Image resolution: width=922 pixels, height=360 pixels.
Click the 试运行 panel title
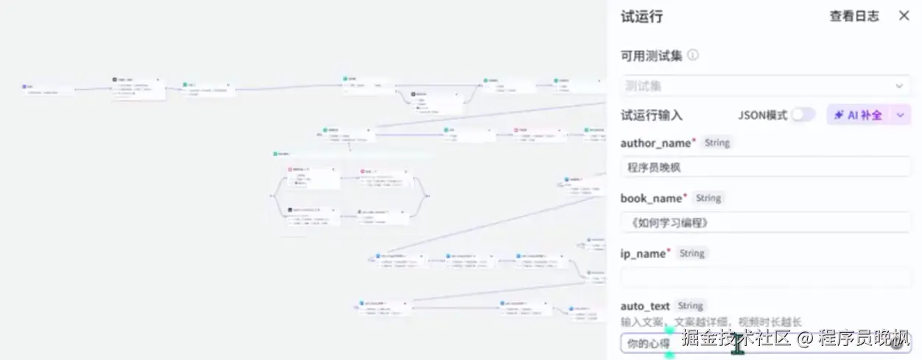click(x=641, y=16)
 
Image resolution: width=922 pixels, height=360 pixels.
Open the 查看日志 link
click(x=854, y=16)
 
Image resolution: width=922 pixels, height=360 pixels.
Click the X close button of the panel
click(x=904, y=15)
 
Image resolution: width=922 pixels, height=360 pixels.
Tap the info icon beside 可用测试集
click(x=693, y=56)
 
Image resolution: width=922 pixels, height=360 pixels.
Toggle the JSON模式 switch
click(x=803, y=115)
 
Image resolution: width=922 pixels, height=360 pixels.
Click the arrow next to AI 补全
click(x=901, y=115)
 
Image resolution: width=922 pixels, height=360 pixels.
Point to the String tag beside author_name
click(x=717, y=143)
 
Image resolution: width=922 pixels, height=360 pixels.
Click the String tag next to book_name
click(x=708, y=198)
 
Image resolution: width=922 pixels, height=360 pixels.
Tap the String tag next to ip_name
click(x=691, y=253)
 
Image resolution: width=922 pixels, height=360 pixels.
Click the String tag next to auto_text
click(x=690, y=306)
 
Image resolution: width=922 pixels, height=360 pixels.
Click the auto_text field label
click(x=645, y=306)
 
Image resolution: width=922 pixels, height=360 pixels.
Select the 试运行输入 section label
click(x=651, y=115)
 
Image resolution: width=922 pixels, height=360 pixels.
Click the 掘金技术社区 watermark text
click(x=735, y=339)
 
